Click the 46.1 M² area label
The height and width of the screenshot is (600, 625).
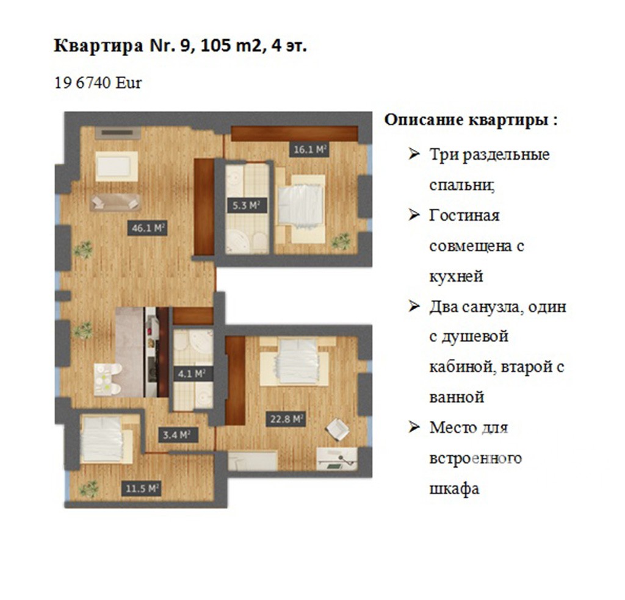(147, 228)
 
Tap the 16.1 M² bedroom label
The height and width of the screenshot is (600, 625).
(309, 150)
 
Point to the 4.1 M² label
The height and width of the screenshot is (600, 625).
(191, 374)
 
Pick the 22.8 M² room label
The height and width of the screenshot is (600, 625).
(286, 419)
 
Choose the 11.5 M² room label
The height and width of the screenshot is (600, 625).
(142, 488)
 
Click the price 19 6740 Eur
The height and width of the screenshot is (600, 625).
(98, 83)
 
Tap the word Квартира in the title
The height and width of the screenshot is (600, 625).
(98, 46)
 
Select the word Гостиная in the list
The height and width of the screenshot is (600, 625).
(464, 215)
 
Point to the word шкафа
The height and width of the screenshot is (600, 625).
(454, 488)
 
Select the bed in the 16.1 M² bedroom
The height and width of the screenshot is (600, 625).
(302, 209)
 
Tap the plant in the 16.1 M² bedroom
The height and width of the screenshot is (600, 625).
(342, 241)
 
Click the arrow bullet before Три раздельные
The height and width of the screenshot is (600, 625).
(414, 154)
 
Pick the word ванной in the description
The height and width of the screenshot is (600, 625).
(457, 397)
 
